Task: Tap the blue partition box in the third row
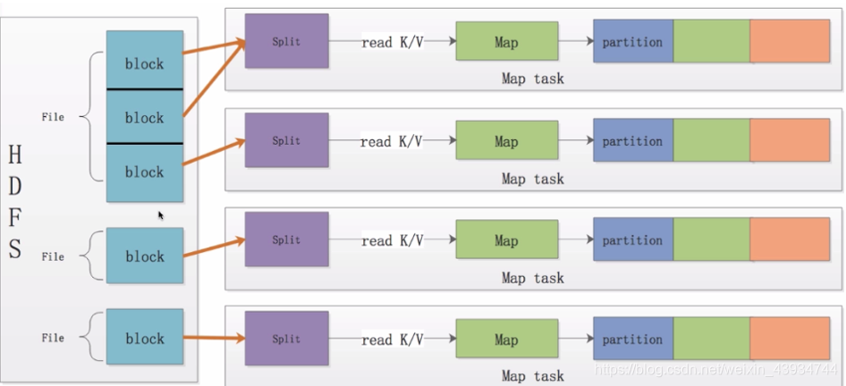(x=632, y=240)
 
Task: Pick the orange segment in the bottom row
(x=790, y=340)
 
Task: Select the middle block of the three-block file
(x=145, y=117)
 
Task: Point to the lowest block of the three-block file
(x=145, y=172)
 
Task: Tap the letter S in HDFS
(x=15, y=249)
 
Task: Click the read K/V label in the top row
(x=392, y=42)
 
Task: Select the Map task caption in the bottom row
(x=532, y=376)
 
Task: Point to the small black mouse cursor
(x=161, y=214)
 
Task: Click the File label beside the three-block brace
(x=53, y=116)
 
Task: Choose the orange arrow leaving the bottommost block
(x=214, y=339)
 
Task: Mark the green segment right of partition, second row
(x=711, y=141)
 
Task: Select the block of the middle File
(x=145, y=256)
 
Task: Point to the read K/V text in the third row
(x=392, y=240)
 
